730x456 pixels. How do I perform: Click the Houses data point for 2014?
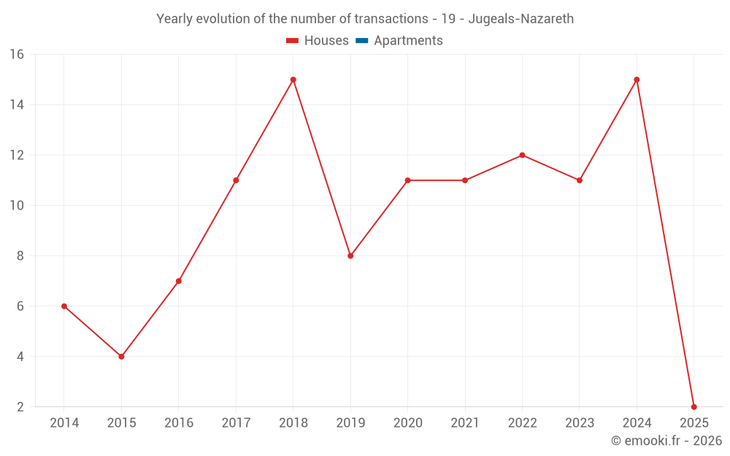tap(64, 306)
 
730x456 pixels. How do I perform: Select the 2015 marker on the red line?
tap(121, 357)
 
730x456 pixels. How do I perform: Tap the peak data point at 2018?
tap(293, 80)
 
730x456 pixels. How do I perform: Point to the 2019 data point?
tap(350, 256)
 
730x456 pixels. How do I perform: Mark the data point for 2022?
tap(522, 155)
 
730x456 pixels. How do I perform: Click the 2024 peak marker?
tap(637, 80)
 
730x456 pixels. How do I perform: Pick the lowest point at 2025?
tap(693, 406)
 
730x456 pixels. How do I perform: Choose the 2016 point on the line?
tap(179, 281)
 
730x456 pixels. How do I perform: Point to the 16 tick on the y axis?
tap(17, 55)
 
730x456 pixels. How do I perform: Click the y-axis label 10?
tap(17, 206)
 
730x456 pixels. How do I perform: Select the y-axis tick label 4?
tap(20, 357)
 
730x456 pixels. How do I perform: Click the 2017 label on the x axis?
tap(236, 423)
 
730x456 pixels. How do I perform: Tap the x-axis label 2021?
tap(465, 423)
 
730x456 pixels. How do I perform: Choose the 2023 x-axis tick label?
tap(580, 423)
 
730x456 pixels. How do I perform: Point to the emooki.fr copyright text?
tap(666, 441)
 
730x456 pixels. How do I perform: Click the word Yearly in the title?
tap(175, 19)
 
